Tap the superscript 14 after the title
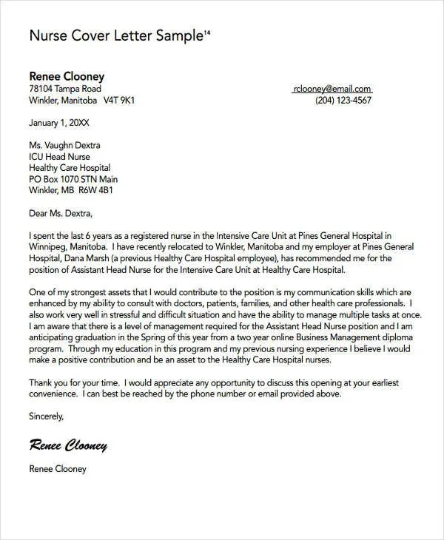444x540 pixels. click(x=206, y=33)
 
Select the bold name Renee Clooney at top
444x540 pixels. click(x=67, y=76)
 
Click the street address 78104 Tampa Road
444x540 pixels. click(x=65, y=89)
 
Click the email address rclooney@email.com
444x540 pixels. click(x=332, y=89)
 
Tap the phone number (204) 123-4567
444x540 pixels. click(x=343, y=101)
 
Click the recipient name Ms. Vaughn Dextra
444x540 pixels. click(x=64, y=146)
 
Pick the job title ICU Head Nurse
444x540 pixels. click(x=59, y=157)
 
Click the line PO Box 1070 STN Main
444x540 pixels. click(x=73, y=179)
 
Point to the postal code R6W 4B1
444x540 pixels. click(x=97, y=190)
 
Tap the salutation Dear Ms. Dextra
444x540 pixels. click(x=61, y=214)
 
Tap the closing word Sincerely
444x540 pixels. click(x=47, y=417)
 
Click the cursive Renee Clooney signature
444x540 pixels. click(x=68, y=445)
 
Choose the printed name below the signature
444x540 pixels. click(x=58, y=468)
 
